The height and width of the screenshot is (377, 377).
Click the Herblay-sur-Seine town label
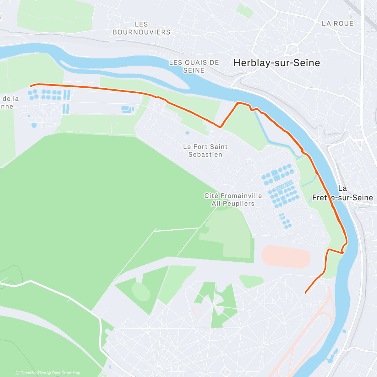276,63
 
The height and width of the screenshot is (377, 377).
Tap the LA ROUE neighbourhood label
337,24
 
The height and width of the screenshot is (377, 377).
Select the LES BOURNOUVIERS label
141,28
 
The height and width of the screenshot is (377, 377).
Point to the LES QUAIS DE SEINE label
194,66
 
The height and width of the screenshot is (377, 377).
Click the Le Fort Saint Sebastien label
205,150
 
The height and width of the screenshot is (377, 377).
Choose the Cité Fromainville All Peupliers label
233,199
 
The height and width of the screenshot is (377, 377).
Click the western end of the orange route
30,85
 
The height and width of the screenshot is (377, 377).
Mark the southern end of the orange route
306,293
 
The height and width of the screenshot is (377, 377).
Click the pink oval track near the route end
286,257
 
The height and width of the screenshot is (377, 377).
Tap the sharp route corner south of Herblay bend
221,127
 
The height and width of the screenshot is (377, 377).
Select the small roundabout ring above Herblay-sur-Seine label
292,49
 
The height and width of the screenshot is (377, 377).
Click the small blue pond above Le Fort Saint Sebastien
188,133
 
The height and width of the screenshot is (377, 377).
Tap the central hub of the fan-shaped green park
213,305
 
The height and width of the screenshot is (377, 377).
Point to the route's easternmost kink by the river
346,243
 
